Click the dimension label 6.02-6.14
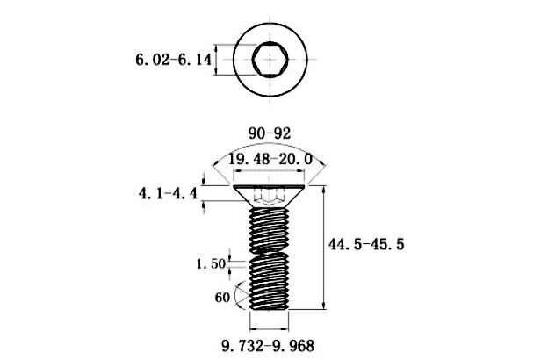173,60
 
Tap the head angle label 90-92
270,133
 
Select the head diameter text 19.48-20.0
270,159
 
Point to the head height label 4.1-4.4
168,193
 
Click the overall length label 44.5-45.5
366,243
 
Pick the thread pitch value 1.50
211,263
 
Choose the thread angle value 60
222,298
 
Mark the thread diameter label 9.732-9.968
268,346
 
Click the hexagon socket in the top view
270,59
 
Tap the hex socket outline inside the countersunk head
269,196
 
